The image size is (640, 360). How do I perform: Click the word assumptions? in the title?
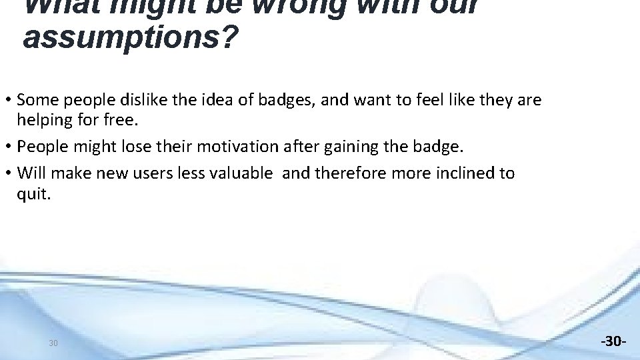point(129,38)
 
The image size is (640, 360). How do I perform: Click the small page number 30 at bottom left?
point(53,343)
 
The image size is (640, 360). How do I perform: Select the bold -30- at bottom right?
point(613,341)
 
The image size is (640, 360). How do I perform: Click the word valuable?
point(240,173)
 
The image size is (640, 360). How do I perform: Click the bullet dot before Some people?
point(8,100)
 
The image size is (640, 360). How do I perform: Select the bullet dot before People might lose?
point(8,146)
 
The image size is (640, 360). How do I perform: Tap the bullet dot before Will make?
point(8,173)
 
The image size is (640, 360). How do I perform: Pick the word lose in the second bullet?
point(139,146)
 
